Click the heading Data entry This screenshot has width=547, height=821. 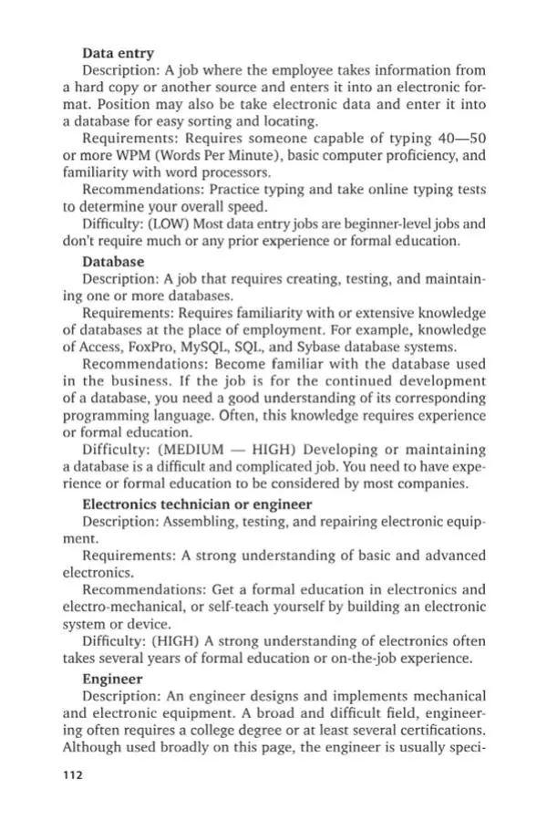pyautogui.click(x=118, y=54)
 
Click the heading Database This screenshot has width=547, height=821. pyautogui.click(x=113, y=262)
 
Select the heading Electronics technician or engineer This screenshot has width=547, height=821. pyautogui.click(x=197, y=504)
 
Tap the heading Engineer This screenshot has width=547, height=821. pyautogui.click(x=112, y=679)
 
